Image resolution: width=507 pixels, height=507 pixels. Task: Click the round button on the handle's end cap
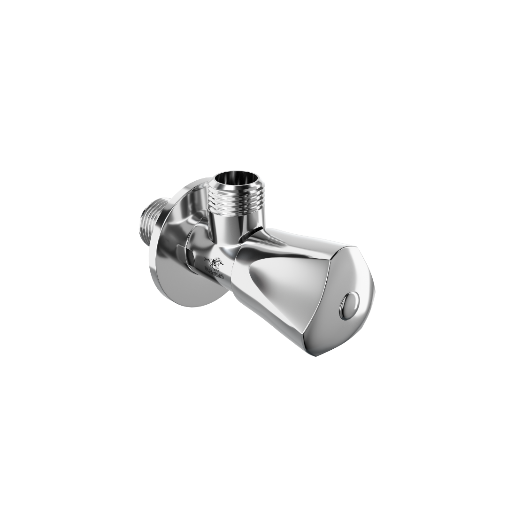point(349,305)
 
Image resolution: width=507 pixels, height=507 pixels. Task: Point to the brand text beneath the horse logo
point(214,276)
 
